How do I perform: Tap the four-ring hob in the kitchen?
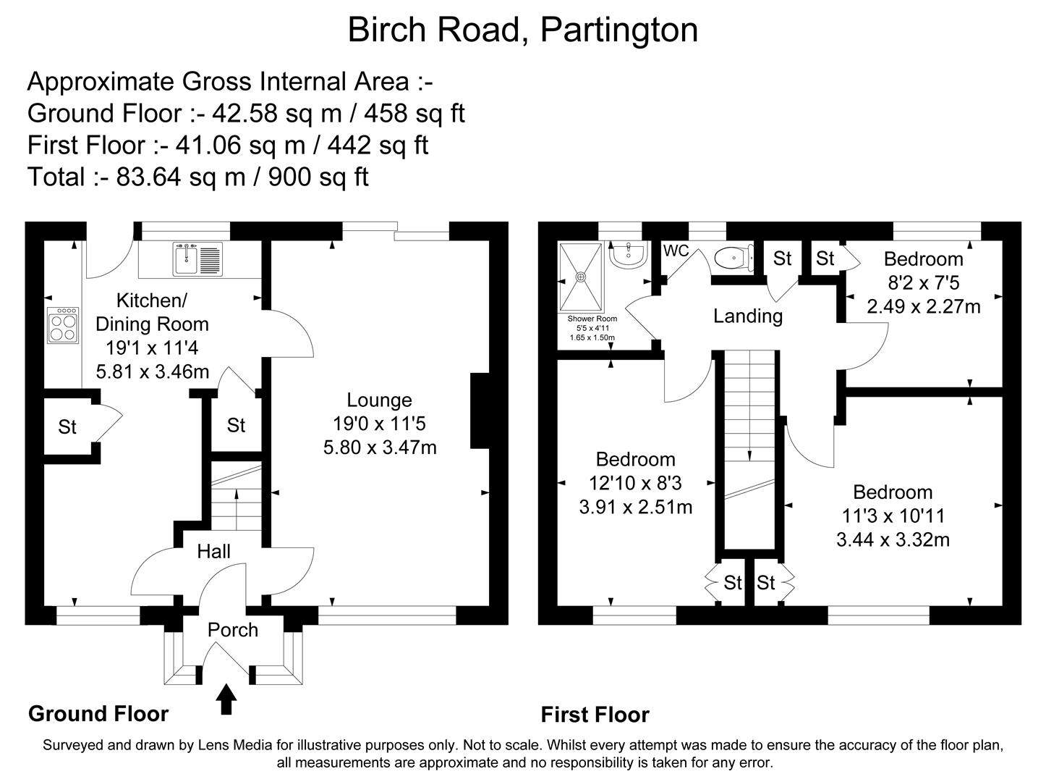63,326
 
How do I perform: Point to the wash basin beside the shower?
627,254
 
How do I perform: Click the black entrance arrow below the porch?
227,699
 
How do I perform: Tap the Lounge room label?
379,400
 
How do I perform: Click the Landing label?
747,316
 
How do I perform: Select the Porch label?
232,630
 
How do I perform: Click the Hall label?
214,552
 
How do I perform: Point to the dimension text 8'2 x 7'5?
923,283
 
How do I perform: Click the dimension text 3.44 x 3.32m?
893,539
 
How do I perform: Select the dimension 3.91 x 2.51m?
635,507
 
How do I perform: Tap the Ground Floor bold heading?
98,714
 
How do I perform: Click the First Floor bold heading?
595,715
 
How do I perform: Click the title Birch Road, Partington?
522,30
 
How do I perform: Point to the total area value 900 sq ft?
318,177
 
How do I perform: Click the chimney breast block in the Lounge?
480,411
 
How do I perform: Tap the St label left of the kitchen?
67,427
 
